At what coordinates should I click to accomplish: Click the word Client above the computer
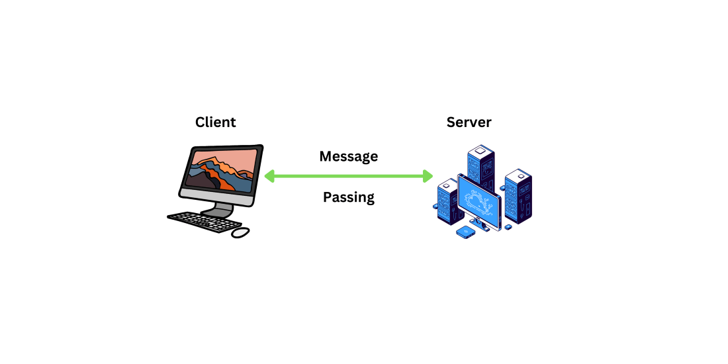point(215,122)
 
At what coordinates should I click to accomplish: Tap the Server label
point(469,122)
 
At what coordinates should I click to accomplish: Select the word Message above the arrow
point(348,157)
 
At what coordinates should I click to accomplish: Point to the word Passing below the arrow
point(348,197)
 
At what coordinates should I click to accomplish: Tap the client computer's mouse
point(240,232)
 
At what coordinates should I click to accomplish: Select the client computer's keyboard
point(197,221)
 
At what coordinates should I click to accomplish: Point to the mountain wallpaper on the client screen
point(221,171)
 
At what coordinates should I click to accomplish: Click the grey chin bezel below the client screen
point(217,195)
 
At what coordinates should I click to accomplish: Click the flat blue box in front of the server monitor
point(465,232)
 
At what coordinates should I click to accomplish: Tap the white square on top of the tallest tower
point(481,150)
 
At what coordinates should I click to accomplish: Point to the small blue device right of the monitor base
point(508,227)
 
